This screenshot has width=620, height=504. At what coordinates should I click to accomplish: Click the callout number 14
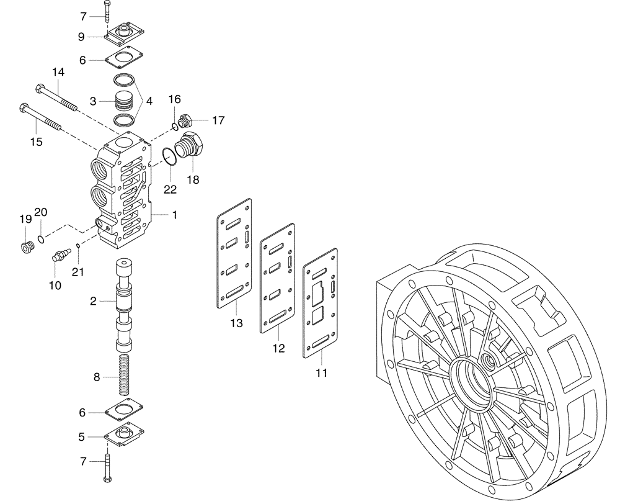pyautogui.click(x=58, y=73)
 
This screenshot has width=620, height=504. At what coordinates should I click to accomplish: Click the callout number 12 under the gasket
pyautogui.click(x=278, y=349)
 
